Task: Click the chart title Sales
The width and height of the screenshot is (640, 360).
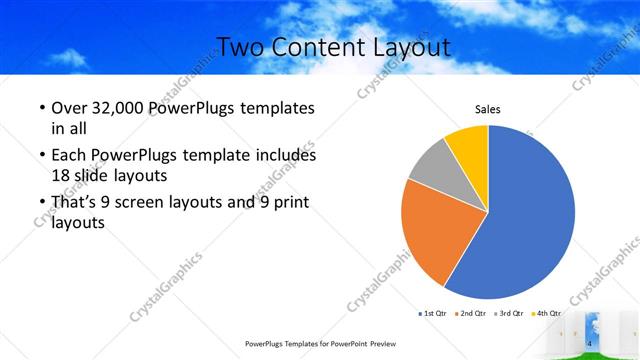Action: pyautogui.click(x=487, y=109)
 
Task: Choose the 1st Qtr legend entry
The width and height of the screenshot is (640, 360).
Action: pyautogui.click(x=432, y=314)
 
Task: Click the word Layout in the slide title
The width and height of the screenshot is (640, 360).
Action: pyautogui.click(x=406, y=47)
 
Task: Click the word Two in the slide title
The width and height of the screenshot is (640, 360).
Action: pyautogui.click(x=237, y=47)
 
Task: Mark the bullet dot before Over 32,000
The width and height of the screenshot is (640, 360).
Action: pyautogui.click(x=41, y=108)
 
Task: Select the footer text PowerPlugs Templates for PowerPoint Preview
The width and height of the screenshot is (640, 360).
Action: pyautogui.click(x=319, y=343)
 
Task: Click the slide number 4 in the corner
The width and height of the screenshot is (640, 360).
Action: pyautogui.click(x=590, y=344)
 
